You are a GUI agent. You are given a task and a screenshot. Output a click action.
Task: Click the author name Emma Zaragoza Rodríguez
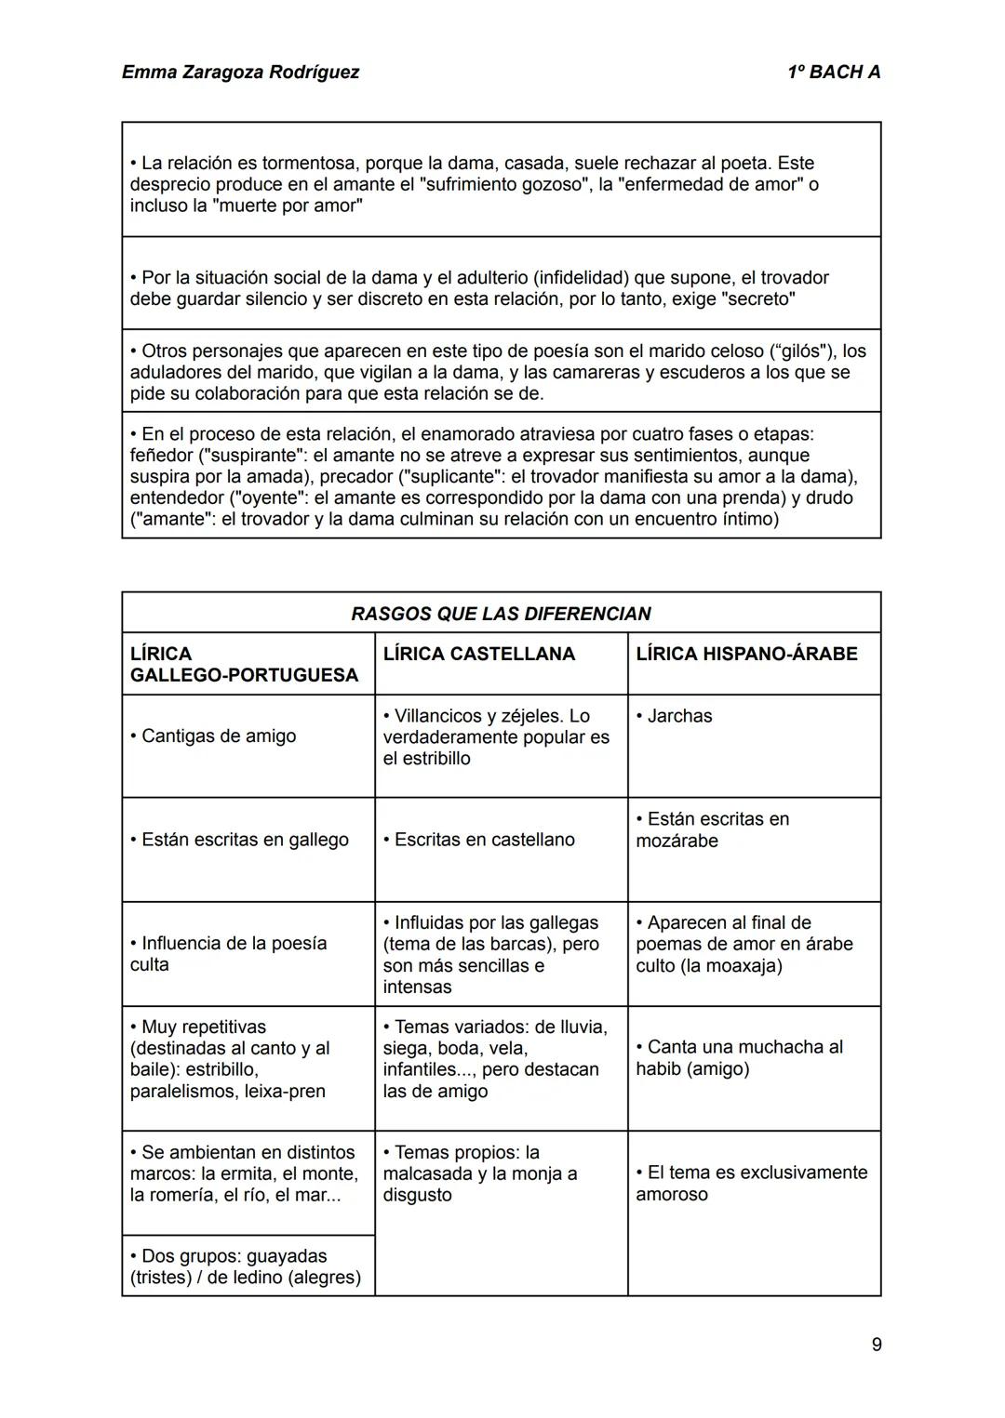click(x=240, y=72)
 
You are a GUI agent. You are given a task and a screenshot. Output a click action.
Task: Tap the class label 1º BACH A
click(x=833, y=72)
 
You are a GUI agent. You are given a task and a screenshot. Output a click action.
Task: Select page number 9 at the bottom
click(x=876, y=1344)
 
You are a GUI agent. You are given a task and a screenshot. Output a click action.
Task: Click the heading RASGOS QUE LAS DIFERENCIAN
click(x=501, y=614)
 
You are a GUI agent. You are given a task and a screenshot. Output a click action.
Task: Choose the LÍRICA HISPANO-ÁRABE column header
click(x=746, y=654)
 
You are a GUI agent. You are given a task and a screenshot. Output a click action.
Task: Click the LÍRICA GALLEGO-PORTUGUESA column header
click(x=244, y=664)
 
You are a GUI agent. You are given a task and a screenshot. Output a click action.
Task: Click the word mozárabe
click(x=677, y=841)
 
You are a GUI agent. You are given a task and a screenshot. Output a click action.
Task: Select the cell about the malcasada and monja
click(x=479, y=1173)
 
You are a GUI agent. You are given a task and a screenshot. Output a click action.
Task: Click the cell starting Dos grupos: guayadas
click(x=246, y=1266)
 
